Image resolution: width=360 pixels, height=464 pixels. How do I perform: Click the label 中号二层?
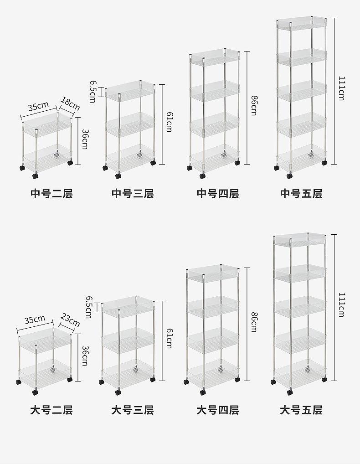(51, 194)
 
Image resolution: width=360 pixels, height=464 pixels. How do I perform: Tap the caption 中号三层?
(133, 194)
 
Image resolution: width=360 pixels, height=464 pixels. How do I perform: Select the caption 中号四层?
(218, 194)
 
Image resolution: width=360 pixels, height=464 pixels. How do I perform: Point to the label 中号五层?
(301, 194)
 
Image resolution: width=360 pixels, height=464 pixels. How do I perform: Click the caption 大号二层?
(51, 410)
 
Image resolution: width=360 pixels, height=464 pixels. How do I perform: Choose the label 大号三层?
(133, 410)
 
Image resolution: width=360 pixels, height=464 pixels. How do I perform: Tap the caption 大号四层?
(218, 410)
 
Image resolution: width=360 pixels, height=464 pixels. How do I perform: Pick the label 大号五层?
(301, 410)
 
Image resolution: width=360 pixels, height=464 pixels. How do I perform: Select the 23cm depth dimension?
(70, 320)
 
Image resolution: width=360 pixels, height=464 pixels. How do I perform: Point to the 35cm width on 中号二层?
(38, 106)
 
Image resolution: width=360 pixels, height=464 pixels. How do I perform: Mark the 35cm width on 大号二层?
(35, 320)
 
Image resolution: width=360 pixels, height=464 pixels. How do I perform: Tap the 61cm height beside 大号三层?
(169, 338)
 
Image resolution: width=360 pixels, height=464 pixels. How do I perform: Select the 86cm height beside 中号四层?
(254, 105)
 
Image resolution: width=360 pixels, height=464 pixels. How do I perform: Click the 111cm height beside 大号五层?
(341, 305)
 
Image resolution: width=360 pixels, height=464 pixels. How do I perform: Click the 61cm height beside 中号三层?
(169, 122)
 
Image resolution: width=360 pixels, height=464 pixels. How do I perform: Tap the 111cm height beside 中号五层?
(341, 88)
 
